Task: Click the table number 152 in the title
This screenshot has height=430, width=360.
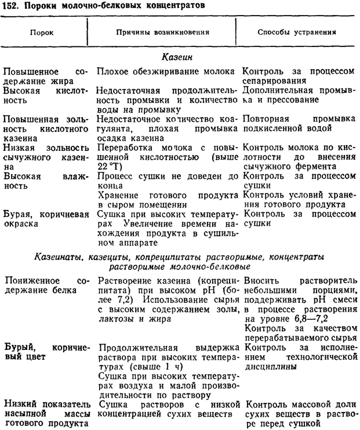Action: coord(10,6)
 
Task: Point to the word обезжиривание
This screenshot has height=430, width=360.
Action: coord(169,71)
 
